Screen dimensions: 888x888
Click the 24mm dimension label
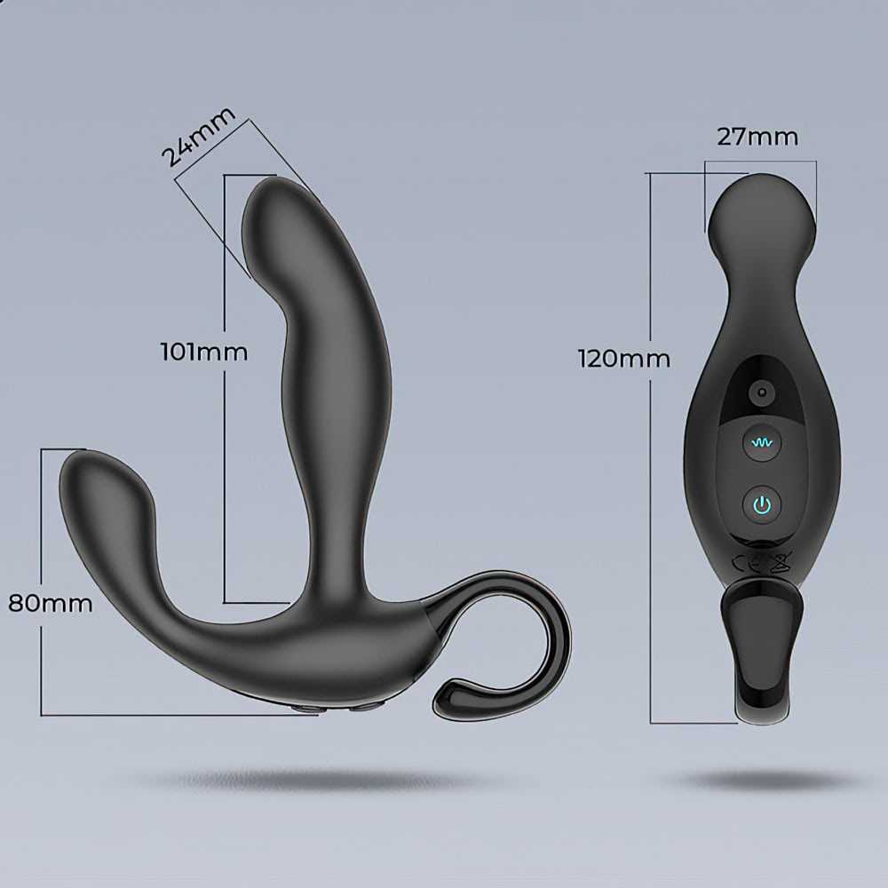tap(198, 137)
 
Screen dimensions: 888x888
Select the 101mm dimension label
tap(204, 353)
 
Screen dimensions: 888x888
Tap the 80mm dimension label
tap(51, 604)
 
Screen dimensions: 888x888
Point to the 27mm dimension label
tap(757, 137)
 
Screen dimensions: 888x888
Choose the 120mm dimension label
tap(623, 359)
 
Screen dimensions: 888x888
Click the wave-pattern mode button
tap(762, 443)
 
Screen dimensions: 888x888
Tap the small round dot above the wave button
tap(762, 392)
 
